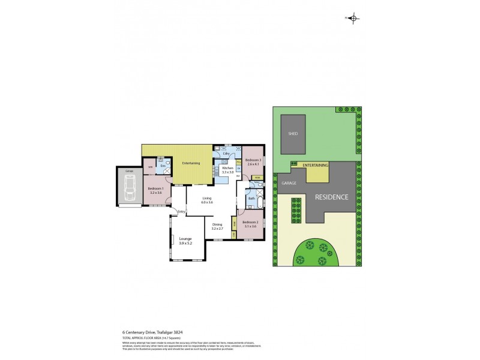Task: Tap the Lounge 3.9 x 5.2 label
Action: click(185, 241)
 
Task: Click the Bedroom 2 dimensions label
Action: click(250, 226)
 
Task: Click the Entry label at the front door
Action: click(181, 211)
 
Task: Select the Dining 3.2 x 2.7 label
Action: click(217, 226)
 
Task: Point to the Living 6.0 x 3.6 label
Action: click(207, 200)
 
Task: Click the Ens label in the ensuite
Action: click(162, 165)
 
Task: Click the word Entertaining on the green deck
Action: click(191, 163)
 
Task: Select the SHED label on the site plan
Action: click(293, 134)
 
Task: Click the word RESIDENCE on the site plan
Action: click(331, 197)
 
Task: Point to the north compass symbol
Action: click(353, 18)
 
